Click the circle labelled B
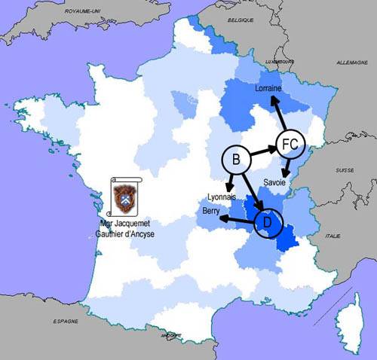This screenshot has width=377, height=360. pos(236,160)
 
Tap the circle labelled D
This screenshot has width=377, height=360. pos(265,222)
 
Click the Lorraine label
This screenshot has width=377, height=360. pos(270,89)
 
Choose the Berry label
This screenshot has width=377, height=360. pos(211,212)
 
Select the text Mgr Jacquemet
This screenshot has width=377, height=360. pos(125,224)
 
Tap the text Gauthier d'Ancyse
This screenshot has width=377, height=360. pos(125,233)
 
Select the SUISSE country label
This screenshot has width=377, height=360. pos(345,171)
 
